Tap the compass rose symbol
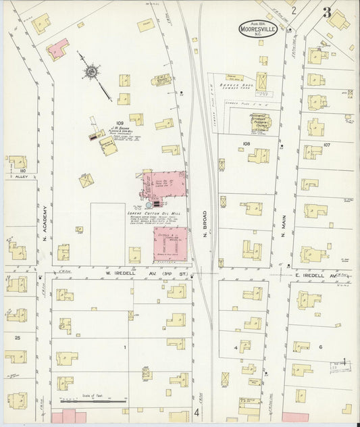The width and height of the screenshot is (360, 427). coord(91,70)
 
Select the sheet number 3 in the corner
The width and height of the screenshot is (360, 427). coord(327,11)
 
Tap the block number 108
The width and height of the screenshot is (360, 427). coord(246,144)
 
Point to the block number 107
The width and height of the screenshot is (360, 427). coord(327,145)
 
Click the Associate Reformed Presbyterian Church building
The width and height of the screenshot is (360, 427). coord(261,124)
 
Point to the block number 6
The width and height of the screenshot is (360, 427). coord(320,347)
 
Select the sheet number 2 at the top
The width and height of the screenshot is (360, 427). coord(294,10)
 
